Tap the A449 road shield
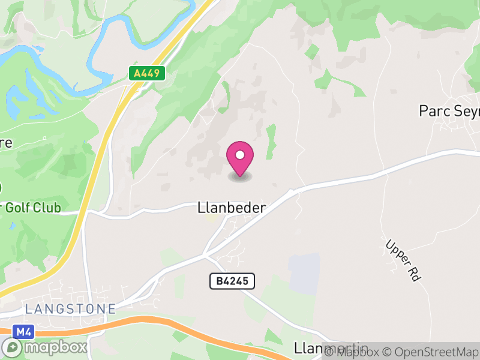coord(146,73)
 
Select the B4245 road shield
coord(232,280)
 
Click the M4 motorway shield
coord(23,331)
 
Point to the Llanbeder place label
coord(231,208)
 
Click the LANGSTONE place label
coord(70,309)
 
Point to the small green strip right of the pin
coord(271,141)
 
